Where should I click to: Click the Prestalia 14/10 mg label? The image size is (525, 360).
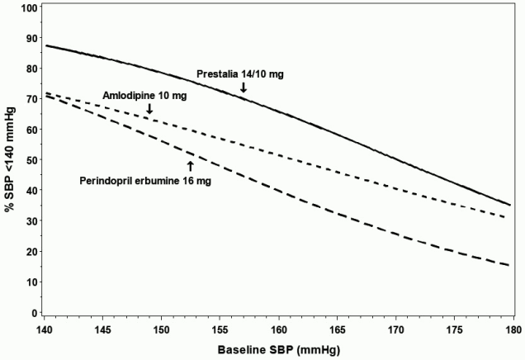(239, 74)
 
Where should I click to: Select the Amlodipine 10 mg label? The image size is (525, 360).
(144, 96)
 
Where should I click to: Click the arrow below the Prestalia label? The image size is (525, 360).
(244, 88)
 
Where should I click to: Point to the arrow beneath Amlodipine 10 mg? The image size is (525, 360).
(149, 108)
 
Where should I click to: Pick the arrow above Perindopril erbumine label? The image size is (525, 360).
(190, 166)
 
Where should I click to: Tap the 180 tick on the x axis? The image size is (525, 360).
(512, 328)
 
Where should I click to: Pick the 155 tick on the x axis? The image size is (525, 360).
(219, 328)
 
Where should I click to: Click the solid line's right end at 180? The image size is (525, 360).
(510, 205)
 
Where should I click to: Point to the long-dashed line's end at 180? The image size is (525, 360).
(510, 265)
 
